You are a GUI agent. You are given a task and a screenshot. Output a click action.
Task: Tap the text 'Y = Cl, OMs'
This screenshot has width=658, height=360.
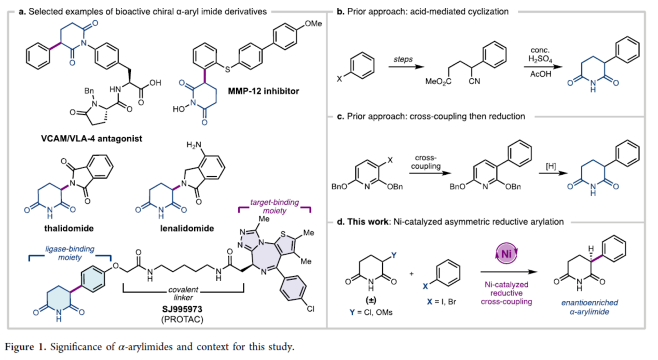(x=369, y=311)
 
